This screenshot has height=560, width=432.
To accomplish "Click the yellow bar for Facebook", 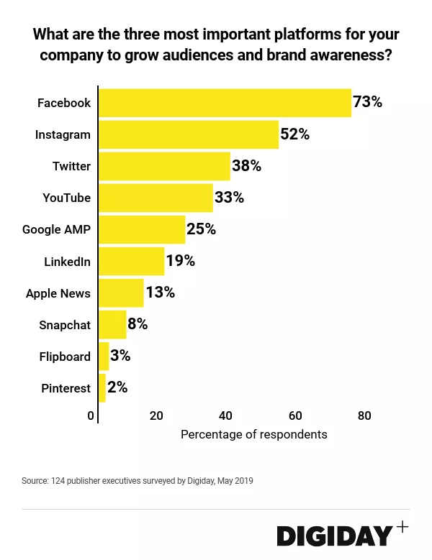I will pyautogui.click(x=225, y=103).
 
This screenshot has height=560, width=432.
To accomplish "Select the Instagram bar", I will pyautogui.click(x=189, y=134).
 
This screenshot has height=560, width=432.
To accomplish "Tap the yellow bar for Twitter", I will pyautogui.click(x=164, y=166).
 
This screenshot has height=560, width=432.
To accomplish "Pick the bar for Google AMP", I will pyautogui.click(x=142, y=229).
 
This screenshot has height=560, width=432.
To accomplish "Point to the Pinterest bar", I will pyautogui.click(x=102, y=388).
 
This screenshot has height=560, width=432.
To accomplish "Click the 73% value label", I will pyautogui.click(x=367, y=102).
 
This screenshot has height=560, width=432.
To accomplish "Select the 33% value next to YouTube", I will pyautogui.click(x=229, y=198).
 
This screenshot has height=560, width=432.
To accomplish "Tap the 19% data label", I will pyautogui.click(x=180, y=261).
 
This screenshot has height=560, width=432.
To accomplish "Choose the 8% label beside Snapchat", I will pyautogui.click(x=138, y=324).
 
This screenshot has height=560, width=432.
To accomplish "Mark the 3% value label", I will pyautogui.click(x=120, y=356).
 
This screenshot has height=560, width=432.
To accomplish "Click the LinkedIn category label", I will pyautogui.click(x=67, y=262).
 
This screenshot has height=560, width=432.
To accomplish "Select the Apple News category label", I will pyautogui.click(x=58, y=293).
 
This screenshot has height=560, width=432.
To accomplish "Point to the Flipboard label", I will pyautogui.click(x=65, y=357).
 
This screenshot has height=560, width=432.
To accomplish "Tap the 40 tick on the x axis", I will pyautogui.click(x=225, y=416).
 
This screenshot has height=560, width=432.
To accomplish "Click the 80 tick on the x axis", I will pyautogui.click(x=364, y=416).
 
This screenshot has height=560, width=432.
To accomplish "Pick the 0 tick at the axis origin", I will pyautogui.click(x=91, y=416).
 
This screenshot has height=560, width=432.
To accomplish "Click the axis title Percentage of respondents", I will pyautogui.click(x=253, y=434).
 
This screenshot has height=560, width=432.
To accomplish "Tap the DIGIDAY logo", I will pyautogui.click(x=336, y=536).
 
